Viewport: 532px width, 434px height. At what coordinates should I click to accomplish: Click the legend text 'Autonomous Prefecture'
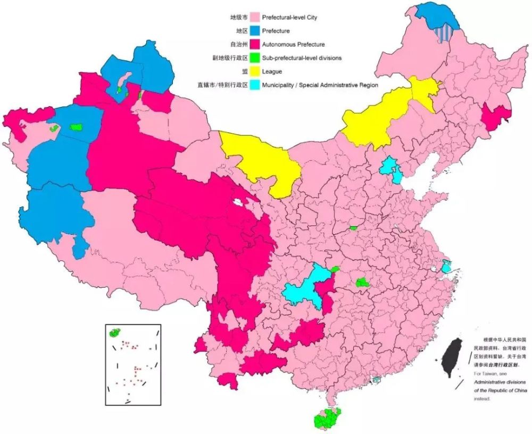point(293,45)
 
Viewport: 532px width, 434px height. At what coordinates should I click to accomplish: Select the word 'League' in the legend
point(272,71)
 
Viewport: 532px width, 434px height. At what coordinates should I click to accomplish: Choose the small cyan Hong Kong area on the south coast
point(377,380)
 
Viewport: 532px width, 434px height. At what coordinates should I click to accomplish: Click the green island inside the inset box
point(114,333)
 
